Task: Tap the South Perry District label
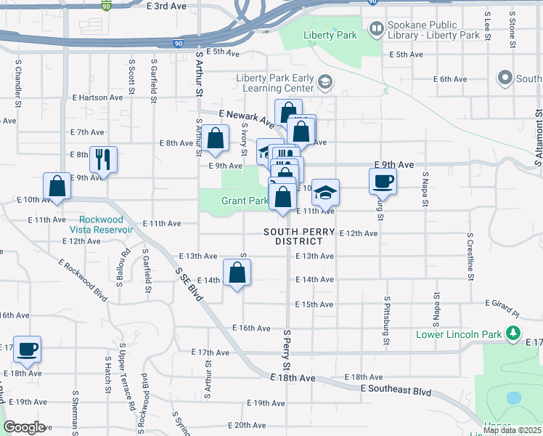tap(299, 236)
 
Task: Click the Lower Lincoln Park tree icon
tap(514, 334)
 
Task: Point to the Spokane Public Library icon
tap(377, 29)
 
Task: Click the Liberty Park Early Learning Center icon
tap(324, 81)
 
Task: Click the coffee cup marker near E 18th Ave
tap(27, 349)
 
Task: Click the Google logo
tap(24, 427)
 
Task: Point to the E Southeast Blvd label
tap(396, 390)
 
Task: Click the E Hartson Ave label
tap(97, 97)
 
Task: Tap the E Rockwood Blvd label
tap(89, 281)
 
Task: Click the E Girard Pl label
tap(505, 308)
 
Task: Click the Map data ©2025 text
tap(512, 430)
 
